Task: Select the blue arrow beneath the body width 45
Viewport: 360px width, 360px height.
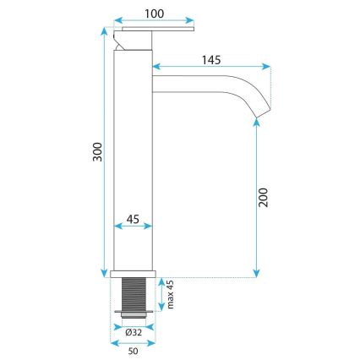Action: coord(134,226)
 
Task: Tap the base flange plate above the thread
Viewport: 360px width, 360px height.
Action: coord(134,275)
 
